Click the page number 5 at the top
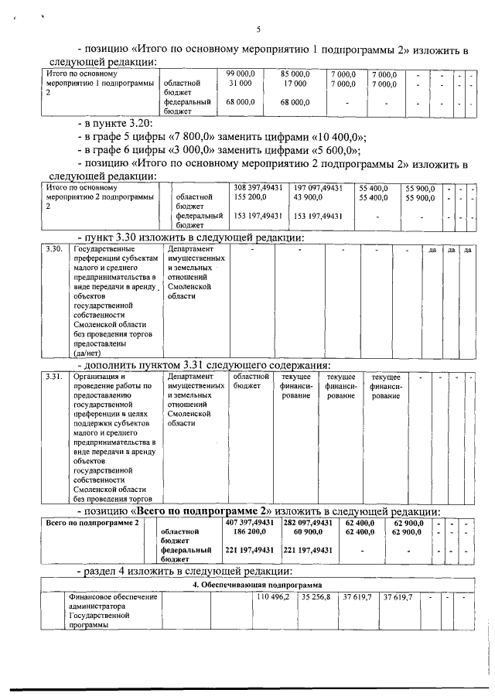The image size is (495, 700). coord(258,30)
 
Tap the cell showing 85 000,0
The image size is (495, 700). coord(295,73)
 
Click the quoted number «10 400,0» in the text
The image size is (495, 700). coord(337,137)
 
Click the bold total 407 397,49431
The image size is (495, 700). coord(251,523)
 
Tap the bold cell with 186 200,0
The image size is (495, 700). coord(251,532)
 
